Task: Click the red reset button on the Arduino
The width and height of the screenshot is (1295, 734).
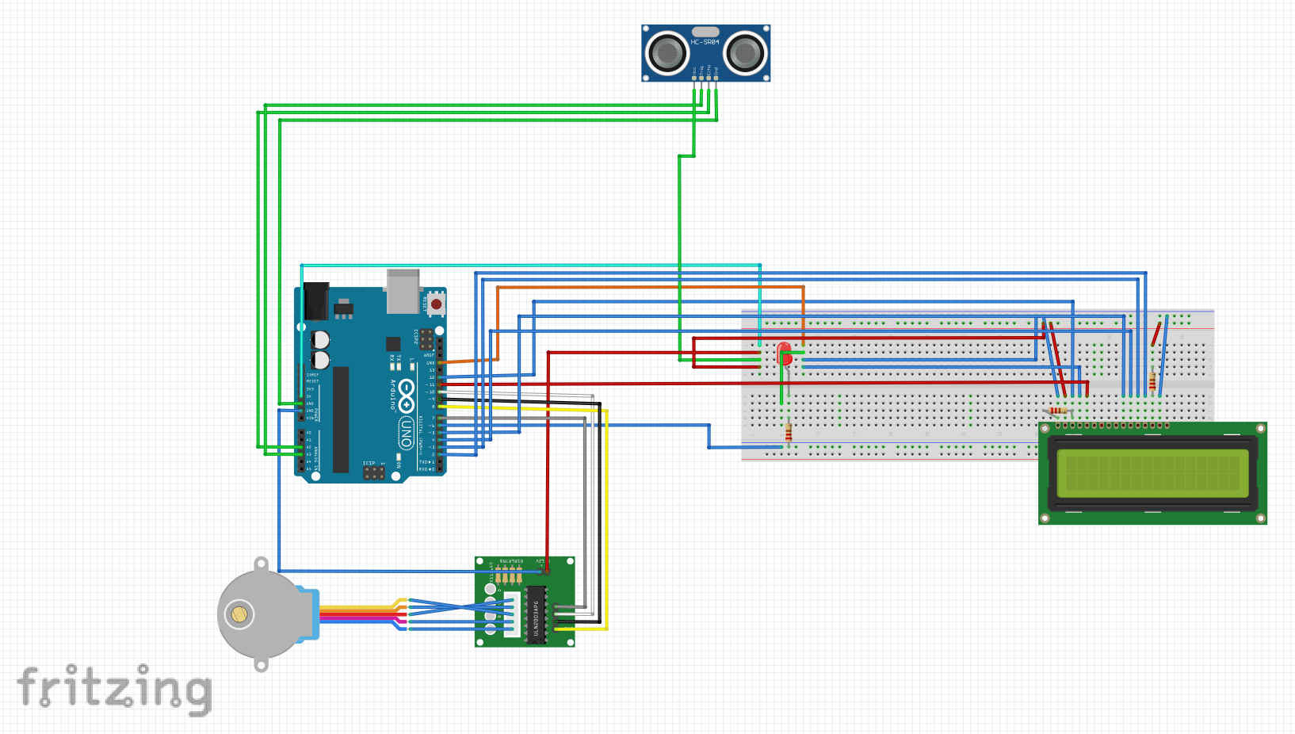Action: [x=436, y=304]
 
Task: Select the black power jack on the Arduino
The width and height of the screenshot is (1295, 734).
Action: [x=316, y=300]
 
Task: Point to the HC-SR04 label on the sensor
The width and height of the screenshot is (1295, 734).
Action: [x=705, y=42]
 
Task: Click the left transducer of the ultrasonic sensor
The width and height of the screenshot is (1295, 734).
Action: [x=667, y=53]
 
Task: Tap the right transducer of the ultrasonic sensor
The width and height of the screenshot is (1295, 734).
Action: [x=744, y=53]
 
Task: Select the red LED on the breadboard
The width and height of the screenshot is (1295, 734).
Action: [x=784, y=352]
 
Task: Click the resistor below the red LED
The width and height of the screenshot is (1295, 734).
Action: [x=788, y=431]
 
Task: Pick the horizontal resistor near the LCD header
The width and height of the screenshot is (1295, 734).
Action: [x=1058, y=411]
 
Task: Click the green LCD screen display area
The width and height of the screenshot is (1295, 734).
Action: [x=1152, y=472]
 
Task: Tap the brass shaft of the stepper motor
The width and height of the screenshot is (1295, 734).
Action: [x=239, y=614]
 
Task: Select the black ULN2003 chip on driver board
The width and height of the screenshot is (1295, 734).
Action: [x=537, y=615]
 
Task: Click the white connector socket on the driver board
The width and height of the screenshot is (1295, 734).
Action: [x=512, y=614]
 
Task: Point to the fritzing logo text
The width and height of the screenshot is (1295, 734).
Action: [x=115, y=688]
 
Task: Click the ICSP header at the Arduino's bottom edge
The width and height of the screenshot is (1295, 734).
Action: [x=373, y=472]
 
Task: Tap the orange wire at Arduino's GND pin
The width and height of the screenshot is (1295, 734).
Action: [x=468, y=361]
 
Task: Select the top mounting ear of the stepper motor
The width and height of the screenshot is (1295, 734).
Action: [x=261, y=564]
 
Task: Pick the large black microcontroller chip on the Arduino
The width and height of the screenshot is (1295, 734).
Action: [x=341, y=419]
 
